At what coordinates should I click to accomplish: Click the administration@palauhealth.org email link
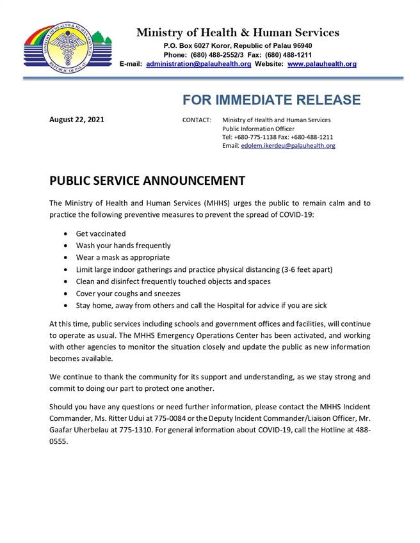tap(198, 64)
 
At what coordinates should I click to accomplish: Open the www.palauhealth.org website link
tap(322, 64)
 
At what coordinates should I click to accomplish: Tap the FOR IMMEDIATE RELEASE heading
tap(271, 100)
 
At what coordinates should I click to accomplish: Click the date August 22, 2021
tap(77, 120)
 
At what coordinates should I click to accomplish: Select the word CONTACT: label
tap(197, 120)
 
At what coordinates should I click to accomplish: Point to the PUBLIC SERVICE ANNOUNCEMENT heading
tap(147, 181)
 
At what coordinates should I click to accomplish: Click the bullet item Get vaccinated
tap(101, 234)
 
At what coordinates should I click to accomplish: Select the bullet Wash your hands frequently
tap(124, 246)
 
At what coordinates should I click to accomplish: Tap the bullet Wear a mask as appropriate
tap(123, 258)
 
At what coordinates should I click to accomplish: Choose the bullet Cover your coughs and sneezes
tap(128, 294)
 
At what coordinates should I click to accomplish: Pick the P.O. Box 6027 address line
tap(238, 46)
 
